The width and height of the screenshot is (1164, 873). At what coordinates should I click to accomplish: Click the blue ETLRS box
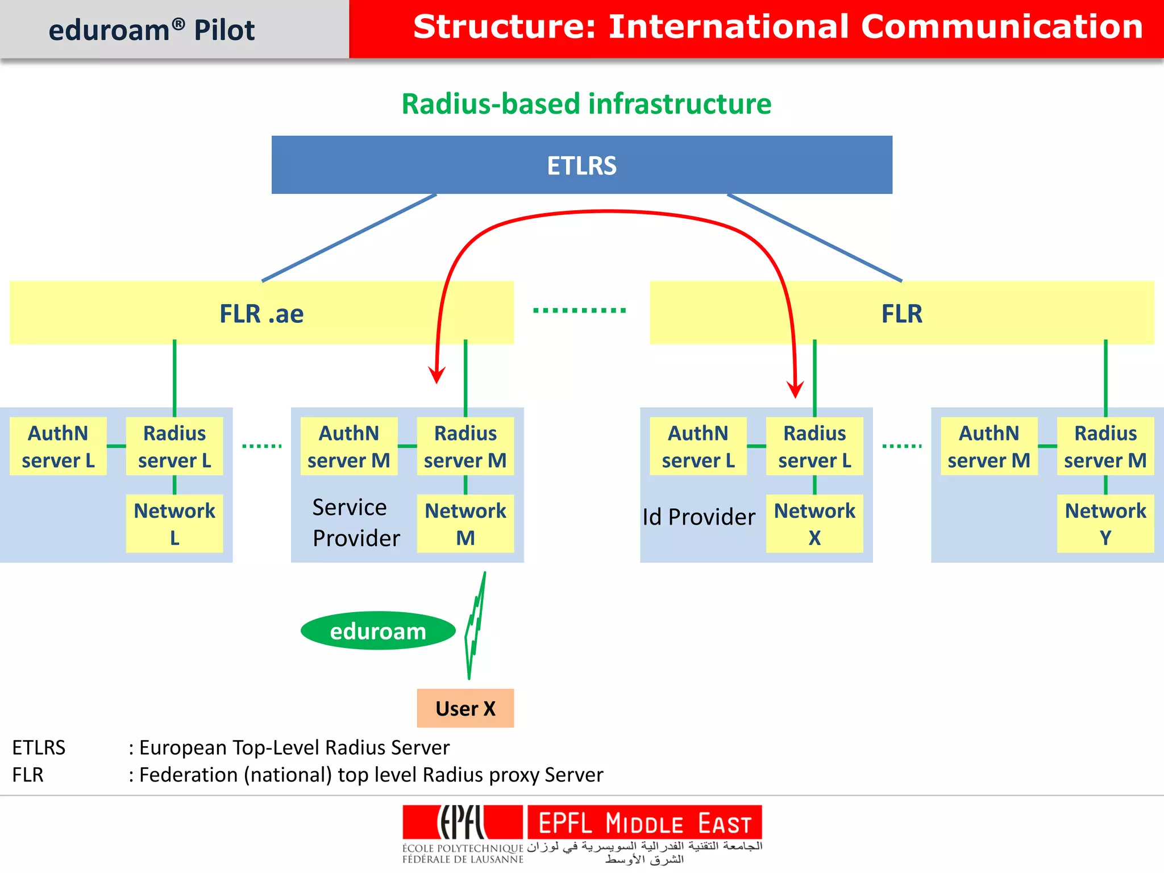point(581,165)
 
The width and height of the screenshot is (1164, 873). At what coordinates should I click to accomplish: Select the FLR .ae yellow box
point(261,313)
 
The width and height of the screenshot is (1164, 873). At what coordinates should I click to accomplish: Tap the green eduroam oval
point(378,631)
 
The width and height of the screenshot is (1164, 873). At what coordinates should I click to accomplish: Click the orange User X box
point(465,708)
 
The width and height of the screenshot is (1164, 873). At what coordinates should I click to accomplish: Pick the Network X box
point(814,523)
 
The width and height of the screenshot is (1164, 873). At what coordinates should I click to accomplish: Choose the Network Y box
point(1105,523)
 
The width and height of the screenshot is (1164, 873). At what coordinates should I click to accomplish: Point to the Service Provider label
point(355,522)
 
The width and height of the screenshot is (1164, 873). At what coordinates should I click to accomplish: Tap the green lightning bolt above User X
point(475,625)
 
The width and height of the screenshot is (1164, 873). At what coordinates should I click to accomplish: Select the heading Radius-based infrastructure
point(586,104)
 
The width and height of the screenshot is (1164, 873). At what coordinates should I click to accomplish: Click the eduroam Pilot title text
point(151,30)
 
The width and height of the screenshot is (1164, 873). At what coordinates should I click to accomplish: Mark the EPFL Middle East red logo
point(644,823)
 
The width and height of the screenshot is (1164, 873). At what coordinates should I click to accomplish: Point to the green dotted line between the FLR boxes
point(579,310)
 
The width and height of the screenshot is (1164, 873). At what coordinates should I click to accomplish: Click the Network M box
point(465,523)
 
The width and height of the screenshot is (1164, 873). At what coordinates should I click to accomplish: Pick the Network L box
point(174,523)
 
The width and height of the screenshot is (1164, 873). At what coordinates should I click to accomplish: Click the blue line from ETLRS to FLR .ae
point(349,238)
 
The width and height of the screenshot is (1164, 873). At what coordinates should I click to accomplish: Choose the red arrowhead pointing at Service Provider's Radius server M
point(436,375)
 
